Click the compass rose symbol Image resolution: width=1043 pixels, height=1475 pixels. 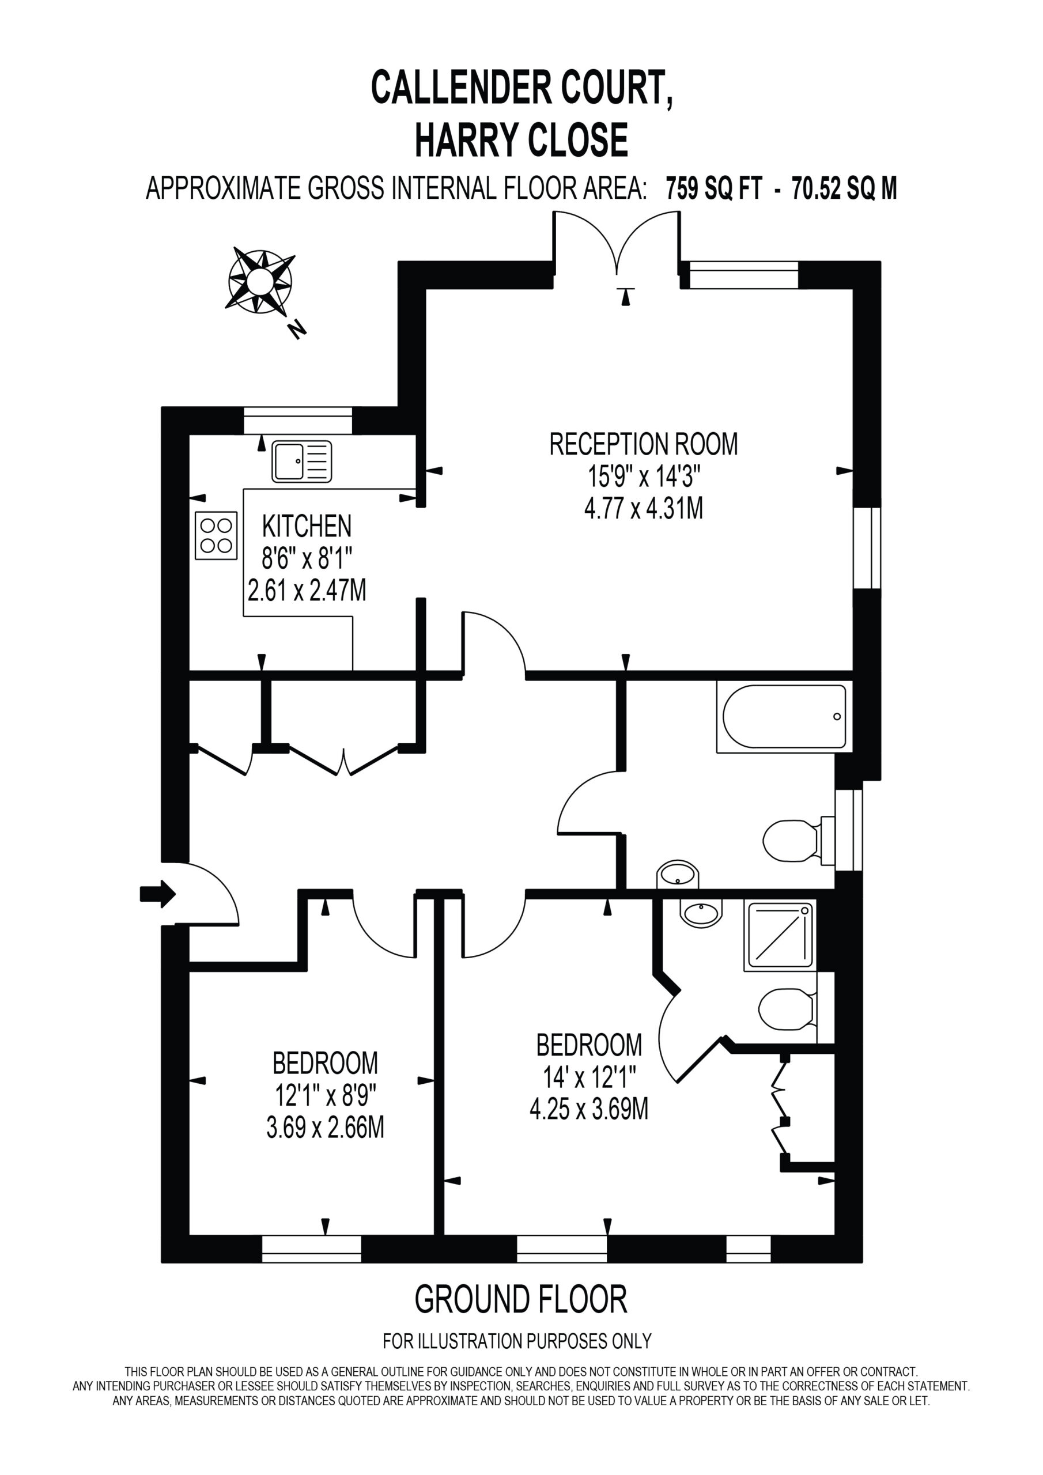pos(261,281)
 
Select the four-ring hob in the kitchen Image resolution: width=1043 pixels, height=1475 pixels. pos(216,535)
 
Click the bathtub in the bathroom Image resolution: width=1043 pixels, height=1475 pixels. pos(785,717)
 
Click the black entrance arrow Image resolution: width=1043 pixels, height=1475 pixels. pos(158,893)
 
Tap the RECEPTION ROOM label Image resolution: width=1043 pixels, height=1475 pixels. pos(643,445)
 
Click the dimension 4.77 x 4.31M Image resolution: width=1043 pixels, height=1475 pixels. pos(643,509)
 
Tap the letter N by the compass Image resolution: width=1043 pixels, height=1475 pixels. pos(297,330)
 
